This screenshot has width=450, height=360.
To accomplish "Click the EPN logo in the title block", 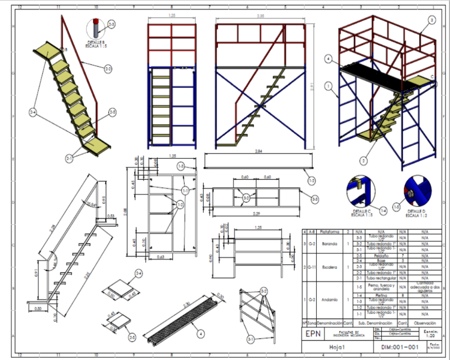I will [x=313, y=334].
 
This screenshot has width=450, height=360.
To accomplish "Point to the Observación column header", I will [x=426, y=323].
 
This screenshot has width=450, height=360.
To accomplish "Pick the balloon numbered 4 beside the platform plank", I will [x=201, y=335].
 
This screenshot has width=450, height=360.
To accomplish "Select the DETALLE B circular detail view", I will [x=96, y=29].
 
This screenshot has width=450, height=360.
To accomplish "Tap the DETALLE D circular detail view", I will [x=417, y=192].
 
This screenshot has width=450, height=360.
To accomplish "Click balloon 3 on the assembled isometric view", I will [x=431, y=20].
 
